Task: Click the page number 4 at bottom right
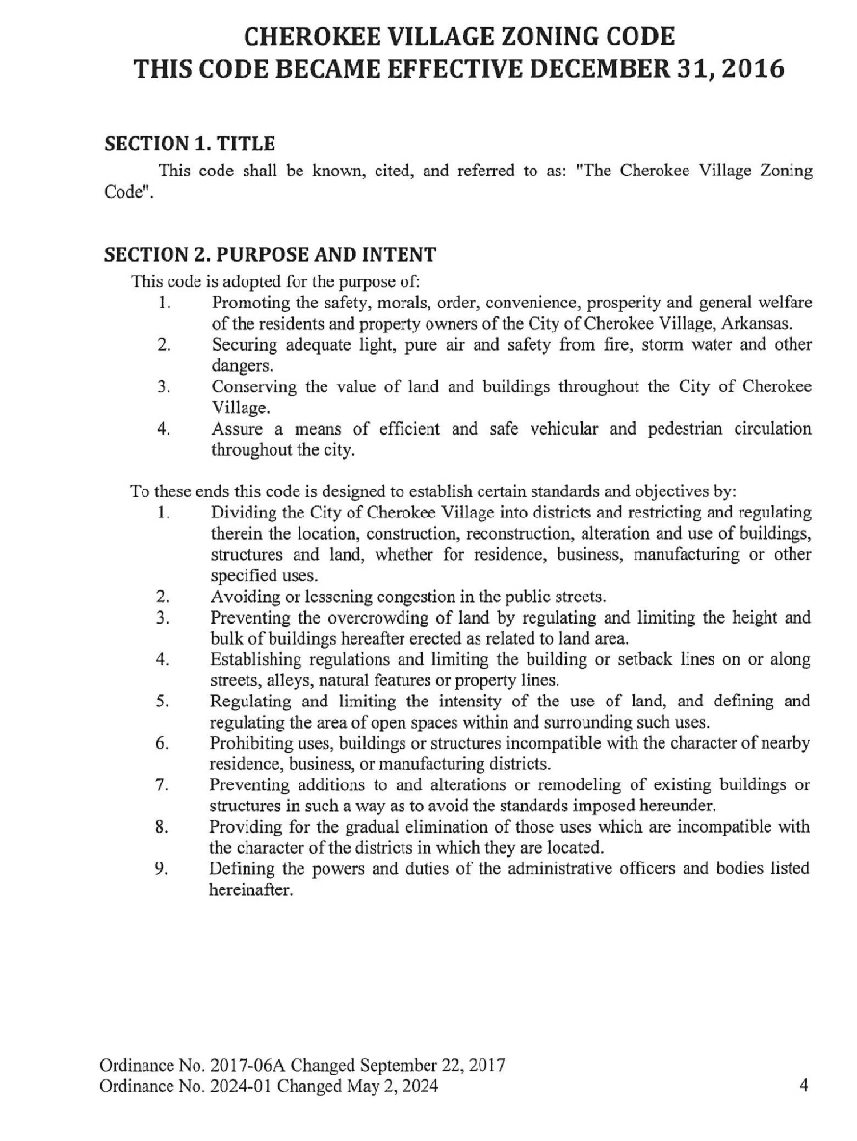click(x=803, y=1086)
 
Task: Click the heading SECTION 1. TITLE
click(x=190, y=145)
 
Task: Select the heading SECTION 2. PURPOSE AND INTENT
click(x=270, y=255)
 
